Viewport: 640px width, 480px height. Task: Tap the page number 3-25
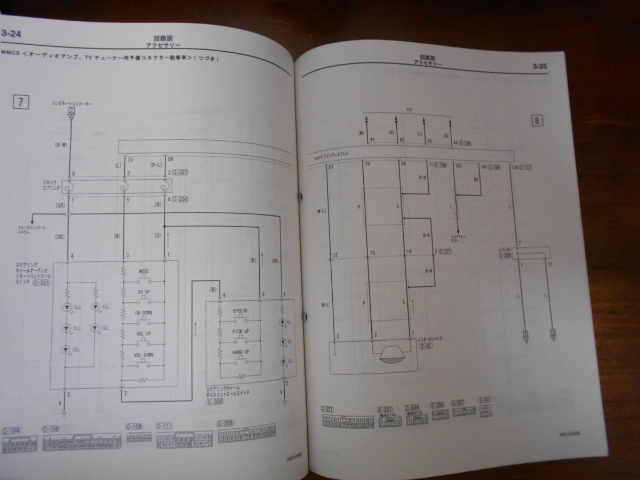click(539, 67)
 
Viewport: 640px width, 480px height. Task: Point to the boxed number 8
click(537, 120)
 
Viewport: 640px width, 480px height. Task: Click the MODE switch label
click(143, 271)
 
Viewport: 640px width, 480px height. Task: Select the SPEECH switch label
click(240, 310)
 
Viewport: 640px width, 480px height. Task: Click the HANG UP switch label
click(240, 353)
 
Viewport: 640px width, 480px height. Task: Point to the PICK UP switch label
click(240, 332)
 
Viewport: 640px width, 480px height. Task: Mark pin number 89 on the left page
click(170, 159)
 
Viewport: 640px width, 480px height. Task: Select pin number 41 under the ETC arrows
click(372, 140)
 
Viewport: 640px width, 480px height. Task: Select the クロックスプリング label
click(52, 184)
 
